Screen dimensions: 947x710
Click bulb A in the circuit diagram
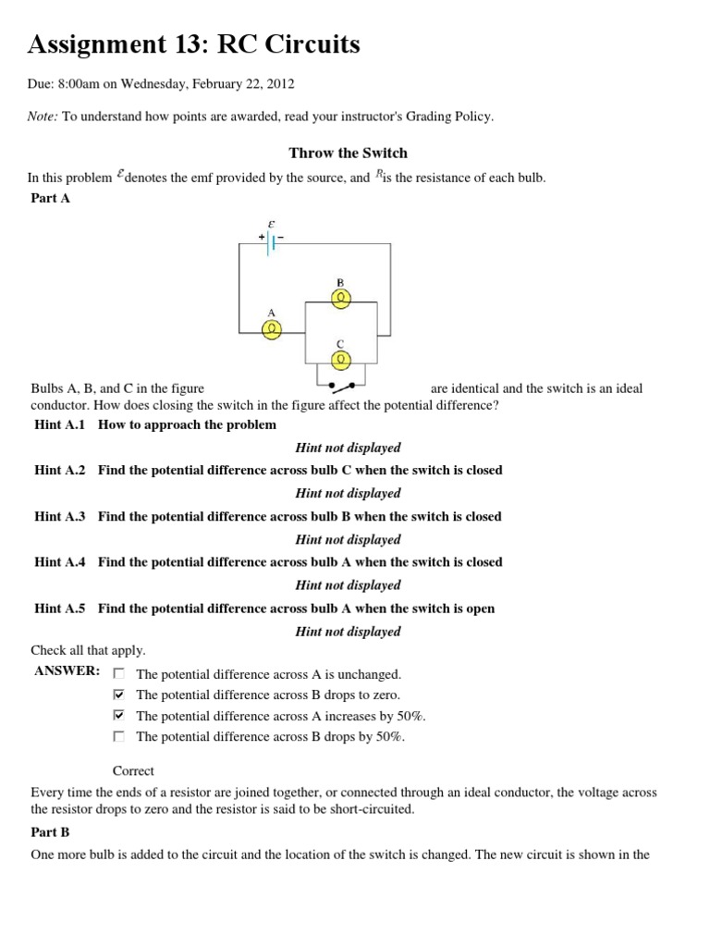(272, 330)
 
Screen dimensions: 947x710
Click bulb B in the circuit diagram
(341, 297)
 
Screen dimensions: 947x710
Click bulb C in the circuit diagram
(341, 358)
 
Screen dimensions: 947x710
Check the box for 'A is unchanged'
(118, 674)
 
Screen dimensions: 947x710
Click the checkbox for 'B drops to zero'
(118, 695)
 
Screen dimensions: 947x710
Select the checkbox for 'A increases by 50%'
(118, 716)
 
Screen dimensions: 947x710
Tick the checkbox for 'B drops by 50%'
(118, 736)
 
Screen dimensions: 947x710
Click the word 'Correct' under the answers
(133, 770)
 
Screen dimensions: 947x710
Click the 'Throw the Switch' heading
(348, 153)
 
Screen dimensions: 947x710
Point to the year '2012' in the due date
(279, 83)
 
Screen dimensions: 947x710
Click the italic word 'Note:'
(44, 116)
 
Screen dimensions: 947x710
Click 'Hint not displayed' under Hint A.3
(348, 539)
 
